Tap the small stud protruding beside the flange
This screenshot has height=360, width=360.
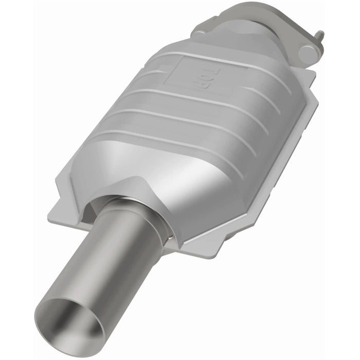click(x=320, y=35)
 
